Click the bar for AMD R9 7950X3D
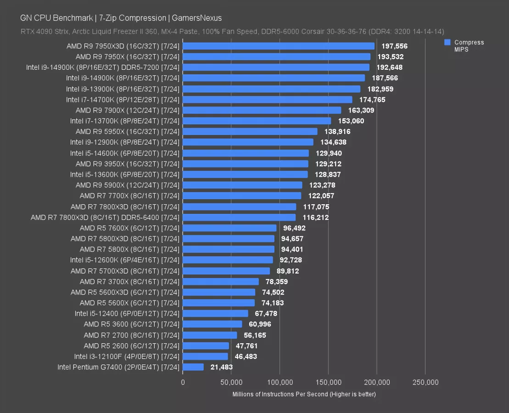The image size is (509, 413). (278, 46)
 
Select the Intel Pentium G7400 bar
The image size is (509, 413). (193, 367)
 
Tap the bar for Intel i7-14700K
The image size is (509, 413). (267, 100)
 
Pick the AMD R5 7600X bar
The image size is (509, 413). (229, 228)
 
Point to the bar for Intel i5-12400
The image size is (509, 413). (215, 313)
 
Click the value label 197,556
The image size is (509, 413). (394, 46)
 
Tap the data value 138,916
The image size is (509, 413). (336, 132)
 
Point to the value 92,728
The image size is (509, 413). (292, 260)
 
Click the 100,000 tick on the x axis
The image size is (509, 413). (280, 382)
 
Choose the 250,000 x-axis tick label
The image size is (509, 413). (425, 382)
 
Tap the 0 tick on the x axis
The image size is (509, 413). (183, 382)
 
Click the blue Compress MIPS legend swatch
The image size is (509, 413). (447, 42)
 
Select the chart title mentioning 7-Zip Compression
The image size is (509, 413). (121, 18)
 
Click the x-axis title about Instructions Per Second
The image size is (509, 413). (304, 394)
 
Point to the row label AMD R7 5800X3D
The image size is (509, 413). (125, 239)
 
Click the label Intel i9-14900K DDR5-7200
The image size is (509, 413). (103, 67)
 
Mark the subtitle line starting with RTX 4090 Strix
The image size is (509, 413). (232, 32)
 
